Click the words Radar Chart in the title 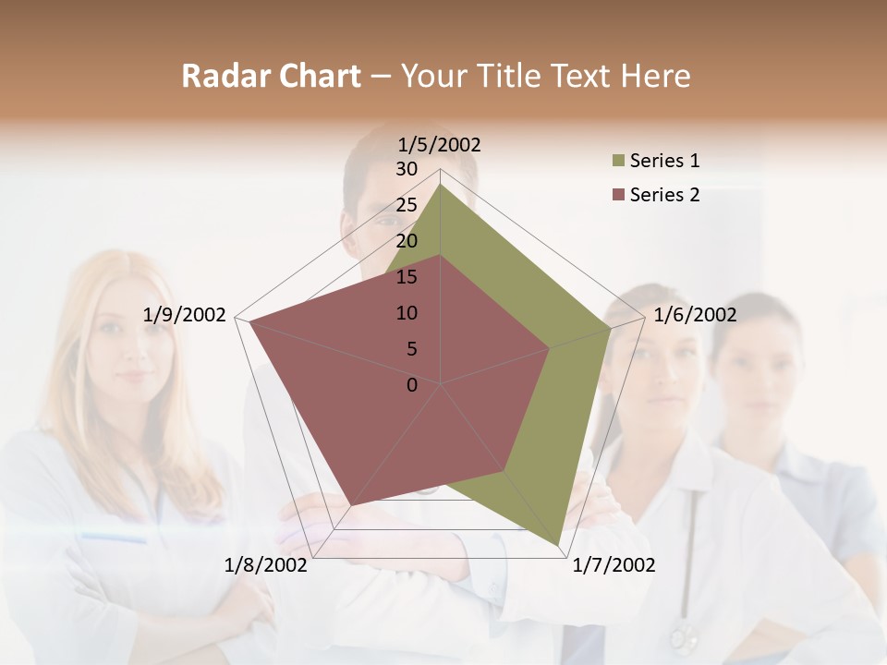click(x=271, y=76)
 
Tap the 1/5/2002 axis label click(x=440, y=144)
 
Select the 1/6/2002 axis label click(x=695, y=315)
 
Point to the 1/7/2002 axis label click(x=614, y=565)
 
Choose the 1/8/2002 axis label click(x=266, y=565)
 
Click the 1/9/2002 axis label click(x=185, y=315)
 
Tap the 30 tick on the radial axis click(x=407, y=169)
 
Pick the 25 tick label click(x=407, y=205)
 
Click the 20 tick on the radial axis click(x=407, y=241)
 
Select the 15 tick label click(x=407, y=277)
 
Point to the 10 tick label click(x=407, y=313)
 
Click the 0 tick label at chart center click(x=412, y=385)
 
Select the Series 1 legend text click(x=664, y=161)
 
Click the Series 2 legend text click(x=664, y=195)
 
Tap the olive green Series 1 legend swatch click(x=617, y=162)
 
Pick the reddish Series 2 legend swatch click(x=617, y=195)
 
